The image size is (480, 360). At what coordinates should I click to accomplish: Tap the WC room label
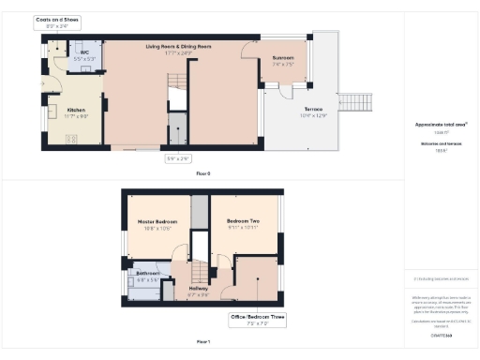tap(84, 55)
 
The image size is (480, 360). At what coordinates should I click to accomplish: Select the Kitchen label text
tap(77, 112)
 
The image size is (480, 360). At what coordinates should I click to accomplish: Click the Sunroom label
tap(284, 59)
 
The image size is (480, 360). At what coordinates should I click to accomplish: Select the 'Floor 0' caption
tap(202, 173)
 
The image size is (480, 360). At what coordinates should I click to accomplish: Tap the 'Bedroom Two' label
tap(241, 224)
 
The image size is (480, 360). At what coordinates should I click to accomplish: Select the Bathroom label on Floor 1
tap(147, 276)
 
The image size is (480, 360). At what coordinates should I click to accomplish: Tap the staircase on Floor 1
tap(199, 272)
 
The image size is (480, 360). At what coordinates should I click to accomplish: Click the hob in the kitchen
tap(71, 141)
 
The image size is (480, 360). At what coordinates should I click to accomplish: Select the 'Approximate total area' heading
tap(441, 125)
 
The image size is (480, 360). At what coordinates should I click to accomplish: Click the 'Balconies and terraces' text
tap(441, 142)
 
